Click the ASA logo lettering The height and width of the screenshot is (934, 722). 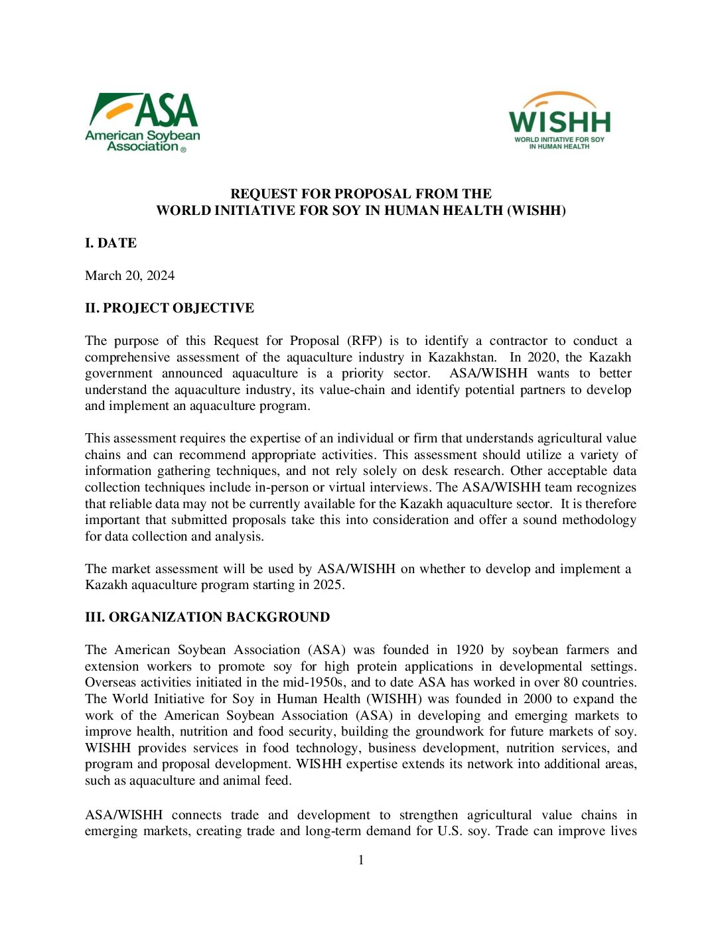click(167, 110)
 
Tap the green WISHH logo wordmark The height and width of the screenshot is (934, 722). click(559, 122)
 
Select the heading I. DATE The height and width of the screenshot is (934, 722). click(111, 243)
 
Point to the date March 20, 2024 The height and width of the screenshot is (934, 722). click(130, 275)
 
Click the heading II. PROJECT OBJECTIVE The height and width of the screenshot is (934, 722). click(169, 308)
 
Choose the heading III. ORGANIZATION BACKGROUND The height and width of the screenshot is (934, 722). click(207, 617)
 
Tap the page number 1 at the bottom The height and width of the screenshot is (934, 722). click(361, 860)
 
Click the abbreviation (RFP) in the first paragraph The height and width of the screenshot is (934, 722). click(364, 340)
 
